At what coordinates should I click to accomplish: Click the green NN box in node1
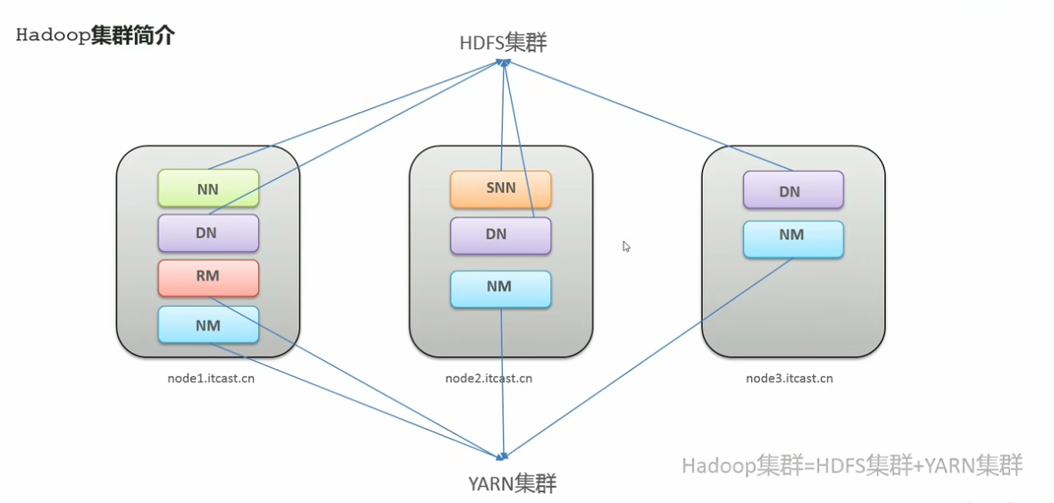208,189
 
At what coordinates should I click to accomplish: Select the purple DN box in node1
208,232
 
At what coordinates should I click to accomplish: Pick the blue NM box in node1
208,325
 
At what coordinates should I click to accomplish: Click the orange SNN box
501,189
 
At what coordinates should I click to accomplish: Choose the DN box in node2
501,235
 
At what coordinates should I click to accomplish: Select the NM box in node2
501,289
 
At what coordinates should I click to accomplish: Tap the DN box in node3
793,189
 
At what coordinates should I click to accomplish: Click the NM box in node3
793,239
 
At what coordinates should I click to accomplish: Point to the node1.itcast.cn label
211,378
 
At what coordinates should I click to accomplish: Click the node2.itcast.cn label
489,378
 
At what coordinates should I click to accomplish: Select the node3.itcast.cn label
789,378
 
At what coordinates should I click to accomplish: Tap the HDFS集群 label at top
504,43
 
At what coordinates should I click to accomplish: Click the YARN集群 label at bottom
513,482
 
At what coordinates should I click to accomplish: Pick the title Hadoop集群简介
95,36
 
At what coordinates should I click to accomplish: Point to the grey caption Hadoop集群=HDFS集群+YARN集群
852,465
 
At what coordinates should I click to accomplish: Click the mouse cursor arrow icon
626,246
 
